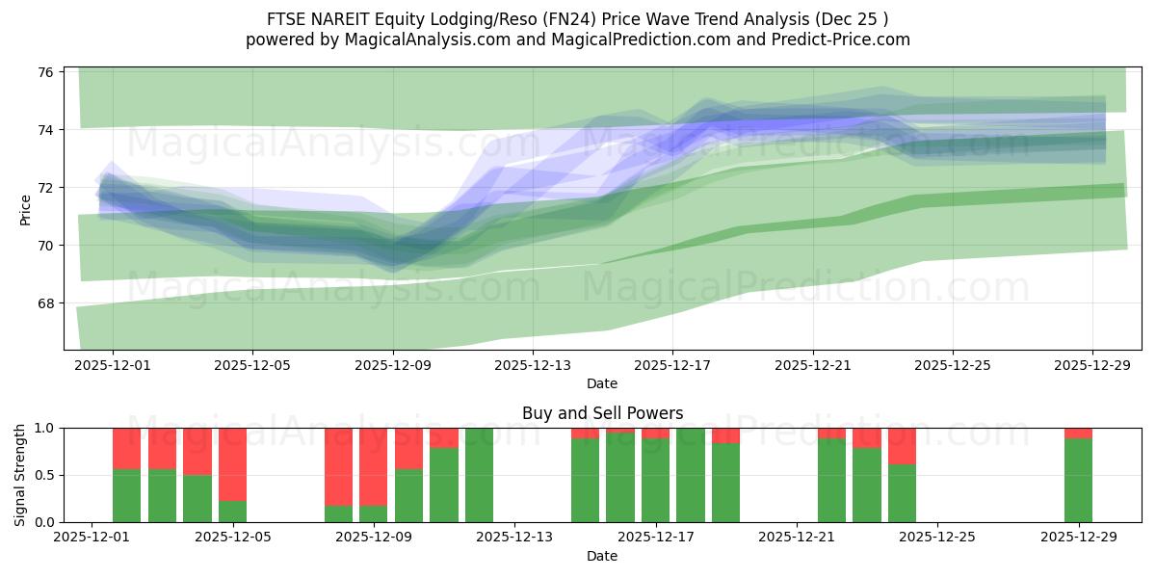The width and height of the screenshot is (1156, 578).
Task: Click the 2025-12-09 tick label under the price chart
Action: (393, 366)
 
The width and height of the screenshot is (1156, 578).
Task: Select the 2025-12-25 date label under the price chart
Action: (952, 366)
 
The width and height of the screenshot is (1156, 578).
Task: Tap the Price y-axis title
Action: (26, 210)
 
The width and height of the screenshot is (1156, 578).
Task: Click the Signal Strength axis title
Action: (20, 475)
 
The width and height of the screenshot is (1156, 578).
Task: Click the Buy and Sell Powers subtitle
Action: (602, 413)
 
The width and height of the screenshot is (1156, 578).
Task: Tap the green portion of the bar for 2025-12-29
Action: (1078, 482)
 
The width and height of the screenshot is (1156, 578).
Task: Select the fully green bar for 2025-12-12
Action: (479, 475)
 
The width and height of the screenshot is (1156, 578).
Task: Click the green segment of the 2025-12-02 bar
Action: (127, 496)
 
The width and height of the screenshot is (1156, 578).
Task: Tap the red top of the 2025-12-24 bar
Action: (902, 446)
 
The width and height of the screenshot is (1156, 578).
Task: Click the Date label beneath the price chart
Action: (602, 383)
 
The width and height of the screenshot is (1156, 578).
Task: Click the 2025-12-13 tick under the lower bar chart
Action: (514, 538)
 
